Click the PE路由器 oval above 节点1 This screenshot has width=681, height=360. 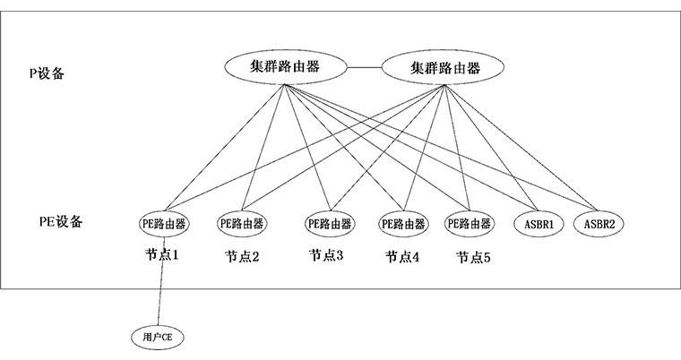click(x=165, y=224)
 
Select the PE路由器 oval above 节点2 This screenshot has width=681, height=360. click(x=242, y=224)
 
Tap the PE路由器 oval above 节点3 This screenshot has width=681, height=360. click(x=330, y=224)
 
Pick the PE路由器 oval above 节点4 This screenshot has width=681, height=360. click(x=403, y=224)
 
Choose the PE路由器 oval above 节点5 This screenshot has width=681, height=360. click(x=470, y=224)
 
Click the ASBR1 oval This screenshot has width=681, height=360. click(x=539, y=224)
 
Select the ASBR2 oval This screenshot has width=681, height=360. click(x=599, y=224)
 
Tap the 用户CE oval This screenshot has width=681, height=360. click(x=157, y=337)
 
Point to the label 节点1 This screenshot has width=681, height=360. click(x=162, y=254)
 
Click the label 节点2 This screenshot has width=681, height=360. click(x=242, y=257)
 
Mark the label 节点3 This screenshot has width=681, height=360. click(x=326, y=255)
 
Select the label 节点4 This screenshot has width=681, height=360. click(x=402, y=257)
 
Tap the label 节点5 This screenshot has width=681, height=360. click(x=473, y=258)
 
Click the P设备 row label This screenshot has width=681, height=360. click(x=47, y=73)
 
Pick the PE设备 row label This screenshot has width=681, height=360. click(x=61, y=221)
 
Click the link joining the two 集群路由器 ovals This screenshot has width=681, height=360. click(x=364, y=67)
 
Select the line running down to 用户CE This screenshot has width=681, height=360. click(x=160, y=281)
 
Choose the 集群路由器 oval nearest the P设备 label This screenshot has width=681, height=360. click(x=286, y=67)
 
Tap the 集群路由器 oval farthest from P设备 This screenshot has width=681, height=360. click(x=443, y=67)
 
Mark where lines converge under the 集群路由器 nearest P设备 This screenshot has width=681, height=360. click(x=285, y=85)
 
